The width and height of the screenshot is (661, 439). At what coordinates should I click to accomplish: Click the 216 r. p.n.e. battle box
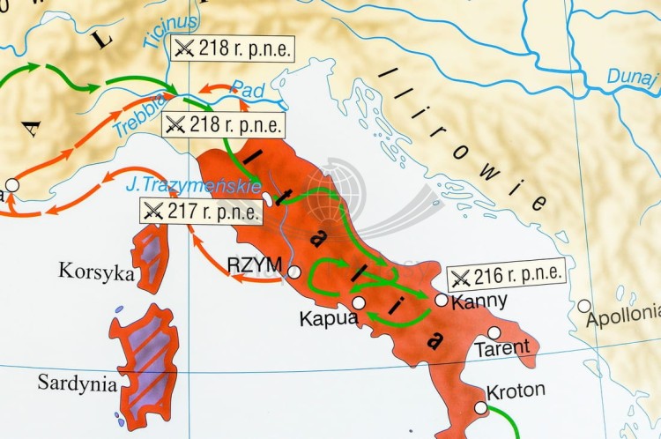point(504,277)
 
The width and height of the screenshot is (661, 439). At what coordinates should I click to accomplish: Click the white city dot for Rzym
point(293,272)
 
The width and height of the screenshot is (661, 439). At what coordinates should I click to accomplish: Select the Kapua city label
point(328,317)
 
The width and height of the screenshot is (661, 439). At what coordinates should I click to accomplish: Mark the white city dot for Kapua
point(359,302)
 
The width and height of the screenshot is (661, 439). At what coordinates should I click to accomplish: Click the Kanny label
point(479,301)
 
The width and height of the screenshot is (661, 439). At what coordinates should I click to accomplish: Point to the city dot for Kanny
point(441,300)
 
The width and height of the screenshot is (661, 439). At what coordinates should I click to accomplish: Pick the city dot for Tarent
point(494,332)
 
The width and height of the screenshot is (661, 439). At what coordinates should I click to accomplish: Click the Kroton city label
point(515,390)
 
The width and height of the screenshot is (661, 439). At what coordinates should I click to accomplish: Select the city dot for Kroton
point(480,407)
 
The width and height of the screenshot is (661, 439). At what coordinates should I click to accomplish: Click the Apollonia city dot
point(584,306)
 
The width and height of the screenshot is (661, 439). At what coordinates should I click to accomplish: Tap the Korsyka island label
point(96,271)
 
